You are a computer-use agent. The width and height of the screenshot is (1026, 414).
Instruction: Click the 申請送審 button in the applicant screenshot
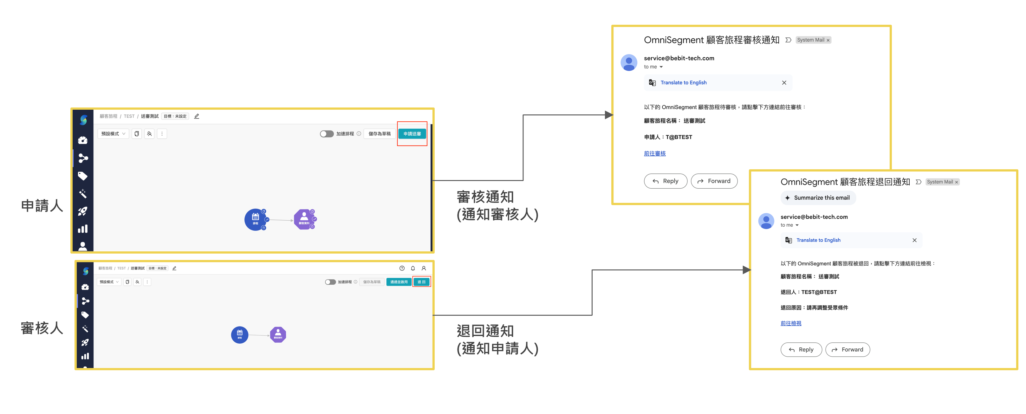pos(412,134)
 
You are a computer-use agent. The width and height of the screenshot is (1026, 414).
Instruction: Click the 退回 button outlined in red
pos(421,282)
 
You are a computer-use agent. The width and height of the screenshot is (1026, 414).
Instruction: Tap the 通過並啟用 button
pos(399,282)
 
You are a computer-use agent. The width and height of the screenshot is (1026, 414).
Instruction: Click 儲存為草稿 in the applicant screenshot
pos(379,134)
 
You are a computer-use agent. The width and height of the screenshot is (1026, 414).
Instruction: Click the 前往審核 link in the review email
pos(654,153)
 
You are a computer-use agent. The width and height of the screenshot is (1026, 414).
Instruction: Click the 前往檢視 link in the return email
pos(791,323)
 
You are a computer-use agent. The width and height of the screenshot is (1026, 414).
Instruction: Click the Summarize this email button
pos(818,198)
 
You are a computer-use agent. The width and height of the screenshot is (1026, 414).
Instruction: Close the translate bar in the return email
pos(914,240)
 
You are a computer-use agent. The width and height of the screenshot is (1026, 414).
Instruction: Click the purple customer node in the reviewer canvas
pos(278,334)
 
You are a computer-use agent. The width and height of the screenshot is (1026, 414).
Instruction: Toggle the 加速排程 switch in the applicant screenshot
pos(327,134)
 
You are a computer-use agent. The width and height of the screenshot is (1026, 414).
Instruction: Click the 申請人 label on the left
pos(42,206)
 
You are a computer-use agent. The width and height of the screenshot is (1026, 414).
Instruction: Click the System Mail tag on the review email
pos(811,40)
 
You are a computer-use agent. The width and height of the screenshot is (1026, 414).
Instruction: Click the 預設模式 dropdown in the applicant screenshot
pos(113,134)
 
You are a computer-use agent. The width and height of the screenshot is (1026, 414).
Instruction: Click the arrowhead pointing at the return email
pos(747,270)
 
